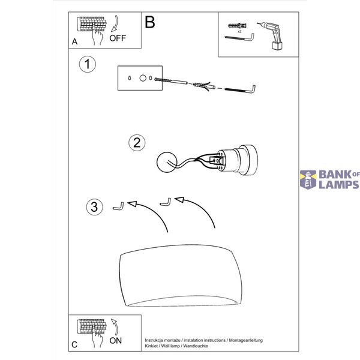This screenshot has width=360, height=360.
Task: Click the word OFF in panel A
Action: [x=118, y=38]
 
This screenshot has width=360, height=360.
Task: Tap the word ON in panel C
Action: [x=115, y=340]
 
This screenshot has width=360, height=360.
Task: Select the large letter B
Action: [x=150, y=22]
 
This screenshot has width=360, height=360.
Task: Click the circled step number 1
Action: [x=87, y=64]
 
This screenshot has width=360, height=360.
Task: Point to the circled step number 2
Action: [x=137, y=143]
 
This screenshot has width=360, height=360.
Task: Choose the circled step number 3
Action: [x=94, y=206]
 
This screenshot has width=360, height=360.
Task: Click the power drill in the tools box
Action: [x=271, y=35]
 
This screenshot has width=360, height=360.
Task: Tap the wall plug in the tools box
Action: [x=237, y=25]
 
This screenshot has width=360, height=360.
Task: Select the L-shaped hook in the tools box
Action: [x=239, y=37]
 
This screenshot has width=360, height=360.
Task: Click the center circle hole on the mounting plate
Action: [x=143, y=78]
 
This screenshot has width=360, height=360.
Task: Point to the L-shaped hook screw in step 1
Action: [x=240, y=89]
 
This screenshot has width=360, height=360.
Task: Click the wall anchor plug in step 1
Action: [x=205, y=86]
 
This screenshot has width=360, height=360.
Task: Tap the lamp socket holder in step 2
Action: [x=236, y=160]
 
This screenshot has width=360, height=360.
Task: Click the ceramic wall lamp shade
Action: [x=181, y=275]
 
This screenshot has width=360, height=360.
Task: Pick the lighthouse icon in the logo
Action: [x=308, y=179]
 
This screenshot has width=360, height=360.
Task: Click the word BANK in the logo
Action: [x=335, y=175]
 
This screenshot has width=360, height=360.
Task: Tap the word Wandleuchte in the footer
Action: [x=196, y=346]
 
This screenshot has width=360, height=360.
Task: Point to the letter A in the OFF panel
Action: [x=74, y=41]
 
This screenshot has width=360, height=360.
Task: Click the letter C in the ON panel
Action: [x=74, y=344]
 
